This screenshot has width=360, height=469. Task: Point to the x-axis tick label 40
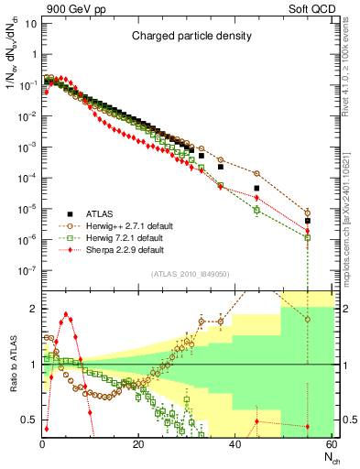tap(235, 445)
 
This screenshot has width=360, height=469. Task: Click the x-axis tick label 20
tap(137, 445)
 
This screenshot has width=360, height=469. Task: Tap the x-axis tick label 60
tap(331, 445)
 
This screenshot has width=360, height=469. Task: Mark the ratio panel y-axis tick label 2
tap(33, 309)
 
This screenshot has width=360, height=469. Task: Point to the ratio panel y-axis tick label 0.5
tap(29, 420)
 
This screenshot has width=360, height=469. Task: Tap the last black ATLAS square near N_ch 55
tap(308, 221)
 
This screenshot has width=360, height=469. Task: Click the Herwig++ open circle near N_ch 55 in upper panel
tap(308, 212)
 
